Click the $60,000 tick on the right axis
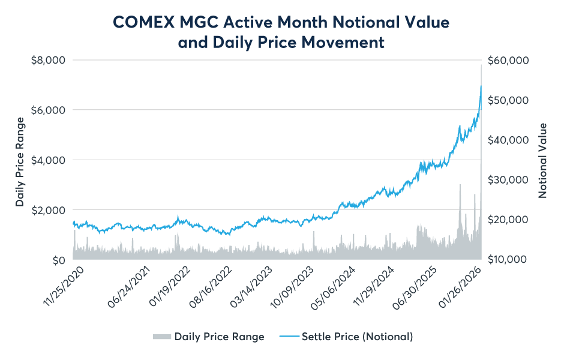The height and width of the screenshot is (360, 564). [x=508, y=61]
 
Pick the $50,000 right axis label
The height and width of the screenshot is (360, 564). [x=508, y=100]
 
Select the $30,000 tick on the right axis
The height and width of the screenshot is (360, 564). [x=508, y=180]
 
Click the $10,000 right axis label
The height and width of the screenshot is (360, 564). [x=508, y=260]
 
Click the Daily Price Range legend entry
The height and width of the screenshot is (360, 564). [x=219, y=337]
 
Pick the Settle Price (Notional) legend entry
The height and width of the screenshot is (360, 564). [x=357, y=337]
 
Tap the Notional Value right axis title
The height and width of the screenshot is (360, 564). [x=543, y=160]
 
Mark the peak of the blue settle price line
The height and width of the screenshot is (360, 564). [x=481, y=86]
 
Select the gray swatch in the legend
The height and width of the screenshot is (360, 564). [x=161, y=337]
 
